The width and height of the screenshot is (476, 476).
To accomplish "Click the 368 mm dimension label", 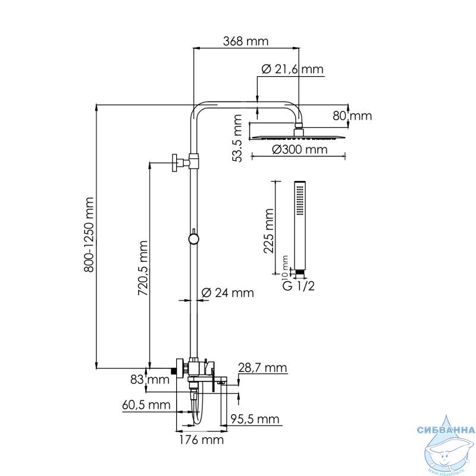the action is (246, 41).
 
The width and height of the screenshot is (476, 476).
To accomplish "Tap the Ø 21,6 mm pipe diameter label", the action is (292, 69).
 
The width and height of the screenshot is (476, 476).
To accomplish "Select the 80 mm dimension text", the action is (352, 115).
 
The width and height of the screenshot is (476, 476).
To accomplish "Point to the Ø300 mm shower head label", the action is (300, 149).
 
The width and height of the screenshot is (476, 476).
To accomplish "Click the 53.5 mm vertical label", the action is (236, 138).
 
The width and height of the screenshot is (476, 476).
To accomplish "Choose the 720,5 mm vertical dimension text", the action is (143, 268).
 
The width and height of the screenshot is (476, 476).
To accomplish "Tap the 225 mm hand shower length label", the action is (269, 231).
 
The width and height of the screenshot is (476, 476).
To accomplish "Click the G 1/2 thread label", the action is (299, 286).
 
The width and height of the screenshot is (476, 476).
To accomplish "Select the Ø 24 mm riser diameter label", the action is (228, 293).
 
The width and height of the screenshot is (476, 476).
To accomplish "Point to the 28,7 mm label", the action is (262, 368).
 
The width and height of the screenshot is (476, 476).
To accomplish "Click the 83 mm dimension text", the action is (150, 380).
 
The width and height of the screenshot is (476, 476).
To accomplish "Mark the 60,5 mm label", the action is (146, 405).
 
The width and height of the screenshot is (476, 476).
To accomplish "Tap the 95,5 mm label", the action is (255, 419).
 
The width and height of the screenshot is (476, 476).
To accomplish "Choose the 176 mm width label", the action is (201, 440).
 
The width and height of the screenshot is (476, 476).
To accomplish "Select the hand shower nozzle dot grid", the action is (300, 201).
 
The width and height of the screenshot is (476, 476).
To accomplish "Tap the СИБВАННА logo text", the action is (446, 430).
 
